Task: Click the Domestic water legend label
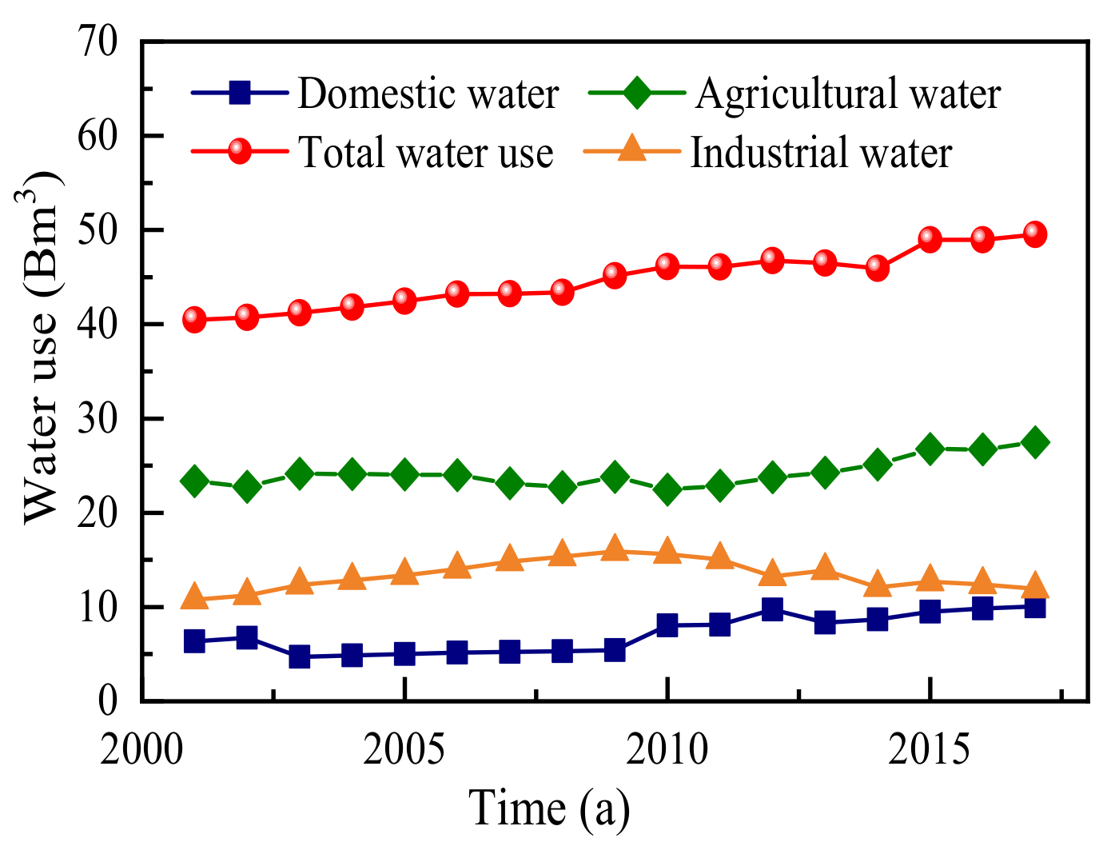click(428, 94)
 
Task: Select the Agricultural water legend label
click(847, 94)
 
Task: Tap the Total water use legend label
click(425, 152)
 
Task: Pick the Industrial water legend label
click(821, 152)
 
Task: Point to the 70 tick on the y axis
click(97, 42)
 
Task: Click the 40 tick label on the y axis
click(97, 324)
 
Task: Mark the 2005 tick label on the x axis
click(404, 749)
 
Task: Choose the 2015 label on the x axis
click(930, 749)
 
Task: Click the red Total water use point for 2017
click(1034, 234)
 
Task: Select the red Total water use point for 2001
click(194, 320)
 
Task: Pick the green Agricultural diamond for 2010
click(667, 489)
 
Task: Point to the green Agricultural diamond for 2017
click(1034, 442)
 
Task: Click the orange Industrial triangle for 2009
click(615, 549)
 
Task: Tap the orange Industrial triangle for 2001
click(194, 597)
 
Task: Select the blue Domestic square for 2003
click(300, 656)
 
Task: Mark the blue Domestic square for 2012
click(772, 609)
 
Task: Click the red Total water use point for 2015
click(930, 238)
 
